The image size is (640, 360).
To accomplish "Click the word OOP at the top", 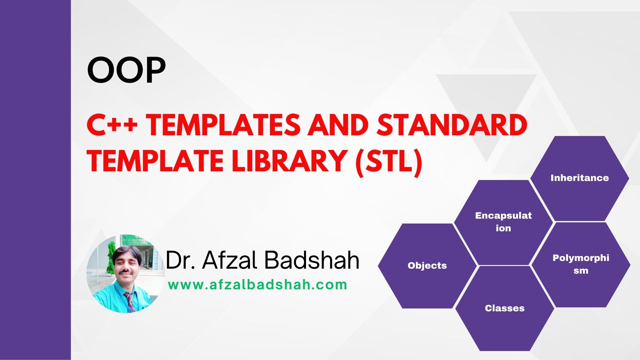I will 126,71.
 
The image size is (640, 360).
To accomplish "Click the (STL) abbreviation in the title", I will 389,161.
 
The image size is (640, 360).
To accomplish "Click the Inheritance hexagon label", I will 579,178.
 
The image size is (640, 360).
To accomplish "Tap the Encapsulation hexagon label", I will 503,222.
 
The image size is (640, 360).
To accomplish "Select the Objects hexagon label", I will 427,266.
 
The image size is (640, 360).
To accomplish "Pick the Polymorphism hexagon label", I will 581,264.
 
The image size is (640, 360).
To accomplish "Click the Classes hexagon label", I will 505,308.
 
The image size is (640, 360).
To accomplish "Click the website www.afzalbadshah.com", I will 258,285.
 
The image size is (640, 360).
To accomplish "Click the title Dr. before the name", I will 180,260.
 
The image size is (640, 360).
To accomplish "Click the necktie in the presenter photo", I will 129,300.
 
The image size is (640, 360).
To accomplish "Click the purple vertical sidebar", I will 35,180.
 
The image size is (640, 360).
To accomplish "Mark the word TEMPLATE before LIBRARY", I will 155,161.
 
